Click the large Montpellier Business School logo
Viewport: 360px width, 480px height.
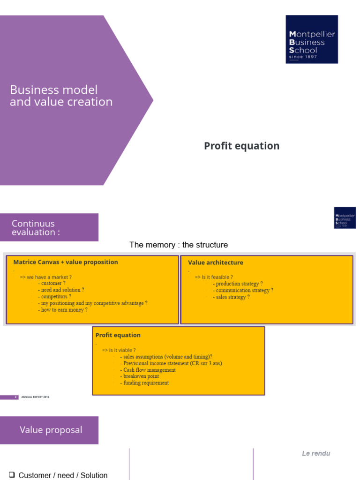(x=312, y=39)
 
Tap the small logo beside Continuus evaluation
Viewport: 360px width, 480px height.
(x=345, y=217)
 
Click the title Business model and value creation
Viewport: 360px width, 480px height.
(x=61, y=96)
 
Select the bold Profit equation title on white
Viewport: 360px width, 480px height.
(x=241, y=146)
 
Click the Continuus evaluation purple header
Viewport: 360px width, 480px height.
(x=49, y=227)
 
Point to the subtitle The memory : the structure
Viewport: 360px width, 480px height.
(x=179, y=245)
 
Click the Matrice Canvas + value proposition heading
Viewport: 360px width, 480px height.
(x=66, y=262)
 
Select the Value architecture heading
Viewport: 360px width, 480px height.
(x=216, y=262)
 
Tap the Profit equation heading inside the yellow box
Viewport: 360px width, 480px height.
(x=118, y=335)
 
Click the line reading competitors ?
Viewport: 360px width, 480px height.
(x=56, y=297)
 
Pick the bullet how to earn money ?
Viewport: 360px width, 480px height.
(x=64, y=310)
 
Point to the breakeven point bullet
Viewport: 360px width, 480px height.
(x=141, y=376)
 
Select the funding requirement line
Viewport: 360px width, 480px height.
(x=146, y=383)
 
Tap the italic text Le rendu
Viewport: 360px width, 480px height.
(x=316, y=453)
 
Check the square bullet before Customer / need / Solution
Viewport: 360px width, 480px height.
(x=13, y=475)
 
